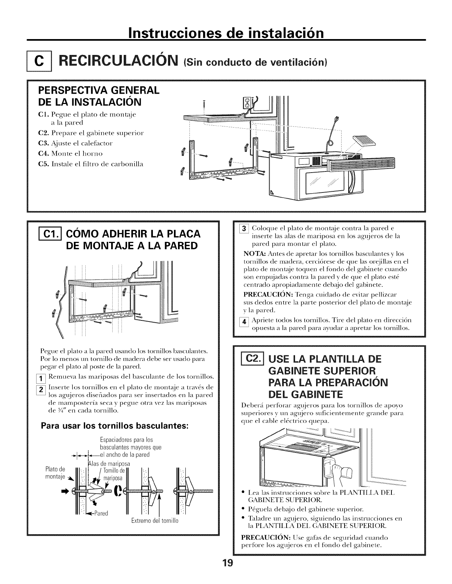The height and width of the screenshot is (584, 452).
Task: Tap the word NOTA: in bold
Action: (x=252, y=254)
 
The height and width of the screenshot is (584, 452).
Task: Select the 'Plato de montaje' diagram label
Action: (x=55, y=473)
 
